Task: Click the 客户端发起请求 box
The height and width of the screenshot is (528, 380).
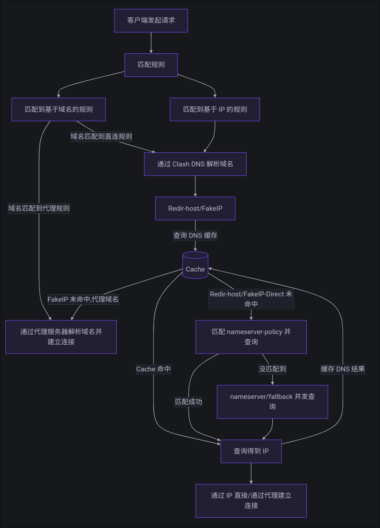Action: (x=151, y=20)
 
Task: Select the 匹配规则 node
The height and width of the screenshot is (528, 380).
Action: (x=151, y=65)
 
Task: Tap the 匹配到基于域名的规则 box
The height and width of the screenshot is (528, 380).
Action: (x=59, y=109)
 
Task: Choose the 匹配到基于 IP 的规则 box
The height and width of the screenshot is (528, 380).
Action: (x=215, y=109)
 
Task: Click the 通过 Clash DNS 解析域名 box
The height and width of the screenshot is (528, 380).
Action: (x=195, y=164)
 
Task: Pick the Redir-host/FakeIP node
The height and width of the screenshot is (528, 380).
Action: (x=195, y=209)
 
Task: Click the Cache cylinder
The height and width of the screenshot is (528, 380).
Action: (x=195, y=265)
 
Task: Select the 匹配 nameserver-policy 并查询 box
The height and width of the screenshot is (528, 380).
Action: (x=251, y=337)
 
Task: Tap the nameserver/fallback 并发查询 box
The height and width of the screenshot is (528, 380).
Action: (x=272, y=402)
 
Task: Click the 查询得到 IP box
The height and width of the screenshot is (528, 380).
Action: (x=251, y=451)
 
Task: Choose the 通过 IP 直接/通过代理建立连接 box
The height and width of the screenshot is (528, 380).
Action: (x=251, y=500)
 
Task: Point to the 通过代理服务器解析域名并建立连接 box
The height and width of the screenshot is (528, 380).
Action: (x=61, y=337)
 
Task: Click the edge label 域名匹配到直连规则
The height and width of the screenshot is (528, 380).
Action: (x=101, y=136)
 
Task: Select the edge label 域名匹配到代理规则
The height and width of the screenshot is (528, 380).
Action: (x=39, y=208)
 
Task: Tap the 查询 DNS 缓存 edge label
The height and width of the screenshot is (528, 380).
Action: (x=195, y=235)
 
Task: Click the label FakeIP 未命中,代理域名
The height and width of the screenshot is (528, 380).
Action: (x=83, y=299)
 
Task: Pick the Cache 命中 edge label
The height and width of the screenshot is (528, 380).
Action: (x=153, y=369)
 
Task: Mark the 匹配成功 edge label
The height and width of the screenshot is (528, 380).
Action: (x=188, y=402)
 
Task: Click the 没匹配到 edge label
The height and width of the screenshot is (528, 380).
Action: (x=272, y=369)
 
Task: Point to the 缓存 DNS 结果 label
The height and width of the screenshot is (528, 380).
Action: (x=343, y=369)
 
